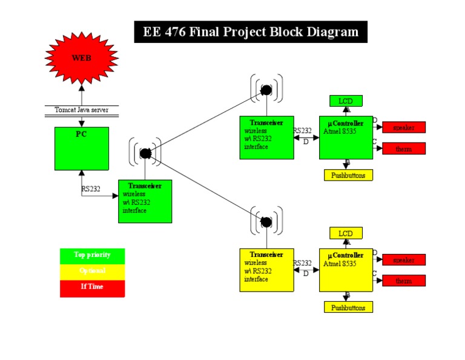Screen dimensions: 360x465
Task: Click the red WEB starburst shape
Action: coord(81,58)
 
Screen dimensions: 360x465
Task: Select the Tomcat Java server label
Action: coord(81,110)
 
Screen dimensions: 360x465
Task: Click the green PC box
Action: coord(82,148)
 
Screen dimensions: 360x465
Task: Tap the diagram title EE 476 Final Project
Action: coord(251,32)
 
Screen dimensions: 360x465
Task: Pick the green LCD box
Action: coord(346,101)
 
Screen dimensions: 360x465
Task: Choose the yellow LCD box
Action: coord(346,233)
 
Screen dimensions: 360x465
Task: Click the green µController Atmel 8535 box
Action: coord(346,138)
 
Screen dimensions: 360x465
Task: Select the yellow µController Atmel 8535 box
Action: coord(346,270)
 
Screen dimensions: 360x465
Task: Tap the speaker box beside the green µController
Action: coord(403,127)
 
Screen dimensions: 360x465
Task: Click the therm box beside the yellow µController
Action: coord(403,281)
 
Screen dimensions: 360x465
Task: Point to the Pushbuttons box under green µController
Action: coord(348,175)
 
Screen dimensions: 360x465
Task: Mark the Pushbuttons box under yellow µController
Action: coord(348,307)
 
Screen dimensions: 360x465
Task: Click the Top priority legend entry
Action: coord(93,255)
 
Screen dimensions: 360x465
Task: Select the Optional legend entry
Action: coord(93,271)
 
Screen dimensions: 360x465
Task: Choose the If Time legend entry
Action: coord(93,287)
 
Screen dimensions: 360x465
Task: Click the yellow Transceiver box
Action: coord(266,270)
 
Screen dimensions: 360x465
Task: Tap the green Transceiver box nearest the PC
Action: coord(145,201)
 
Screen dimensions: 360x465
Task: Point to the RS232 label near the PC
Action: coord(91,188)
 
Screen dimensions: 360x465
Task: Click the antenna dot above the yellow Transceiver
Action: coord(266,222)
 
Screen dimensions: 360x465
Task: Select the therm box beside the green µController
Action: coord(403,148)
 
